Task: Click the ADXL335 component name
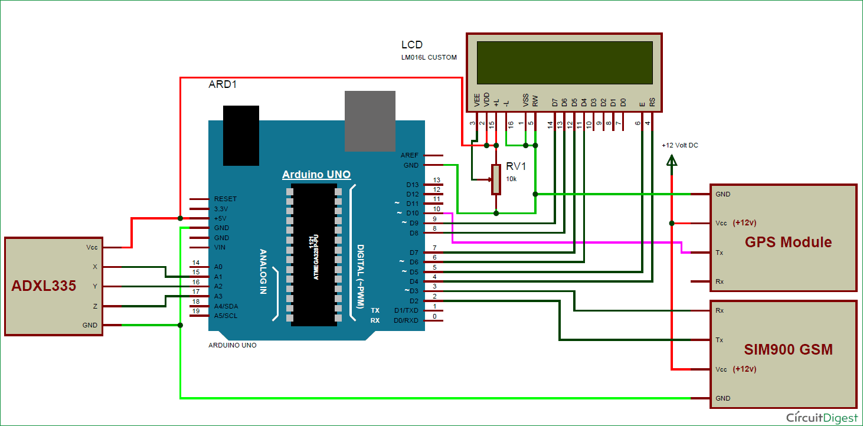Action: (x=44, y=286)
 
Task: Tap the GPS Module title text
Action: (x=788, y=242)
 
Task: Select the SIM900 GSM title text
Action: (x=788, y=349)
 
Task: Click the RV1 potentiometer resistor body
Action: (x=496, y=179)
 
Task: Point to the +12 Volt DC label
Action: (x=679, y=145)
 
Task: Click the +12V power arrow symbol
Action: (x=671, y=160)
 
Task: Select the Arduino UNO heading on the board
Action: (x=316, y=175)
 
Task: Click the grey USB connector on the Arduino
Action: (x=370, y=121)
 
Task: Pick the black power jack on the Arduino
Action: (x=241, y=136)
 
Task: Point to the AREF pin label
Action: (x=409, y=155)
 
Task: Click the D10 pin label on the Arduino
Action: (x=412, y=213)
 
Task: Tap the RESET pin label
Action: (x=225, y=199)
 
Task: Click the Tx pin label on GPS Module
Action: (x=720, y=253)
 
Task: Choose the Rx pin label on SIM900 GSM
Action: (x=720, y=310)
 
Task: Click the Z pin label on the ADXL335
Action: (x=94, y=306)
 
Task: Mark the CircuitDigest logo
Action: (x=822, y=417)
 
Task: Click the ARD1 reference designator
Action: (x=223, y=84)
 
